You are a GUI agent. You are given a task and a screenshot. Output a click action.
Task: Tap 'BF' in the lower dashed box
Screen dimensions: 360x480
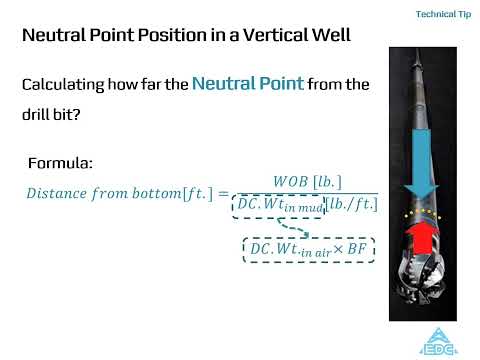(x=357, y=248)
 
